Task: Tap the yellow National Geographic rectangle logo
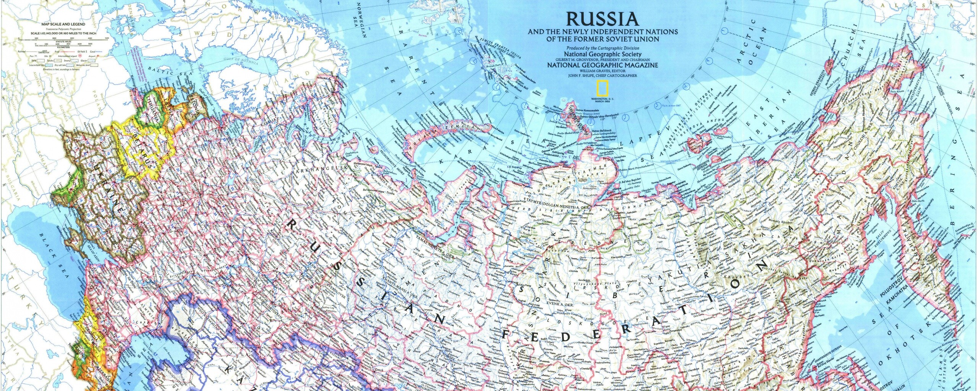pos(602,89)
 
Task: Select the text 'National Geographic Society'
pos(602,54)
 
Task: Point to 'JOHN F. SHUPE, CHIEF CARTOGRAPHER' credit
pos(602,76)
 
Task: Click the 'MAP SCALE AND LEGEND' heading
pos(63,24)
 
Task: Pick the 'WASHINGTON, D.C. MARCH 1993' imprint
pos(602,100)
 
